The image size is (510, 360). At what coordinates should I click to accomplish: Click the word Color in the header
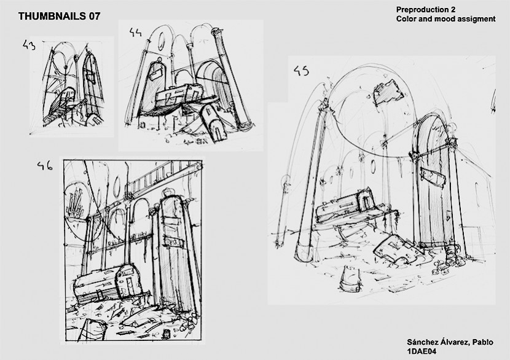(x=406, y=19)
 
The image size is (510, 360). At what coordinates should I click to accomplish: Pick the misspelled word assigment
(x=476, y=19)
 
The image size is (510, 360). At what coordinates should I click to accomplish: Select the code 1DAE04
(x=422, y=351)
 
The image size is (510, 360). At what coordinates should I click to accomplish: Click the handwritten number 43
(x=29, y=45)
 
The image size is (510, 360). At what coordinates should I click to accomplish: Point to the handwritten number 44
(x=135, y=32)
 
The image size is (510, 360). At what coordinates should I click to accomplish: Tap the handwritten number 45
(x=301, y=71)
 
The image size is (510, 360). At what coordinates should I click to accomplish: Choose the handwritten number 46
(x=45, y=166)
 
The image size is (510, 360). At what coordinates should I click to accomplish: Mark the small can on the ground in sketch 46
(x=167, y=333)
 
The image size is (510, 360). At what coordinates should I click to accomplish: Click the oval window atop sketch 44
(x=161, y=41)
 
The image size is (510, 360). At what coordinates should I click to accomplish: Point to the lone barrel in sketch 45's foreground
(x=351, y=278)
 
